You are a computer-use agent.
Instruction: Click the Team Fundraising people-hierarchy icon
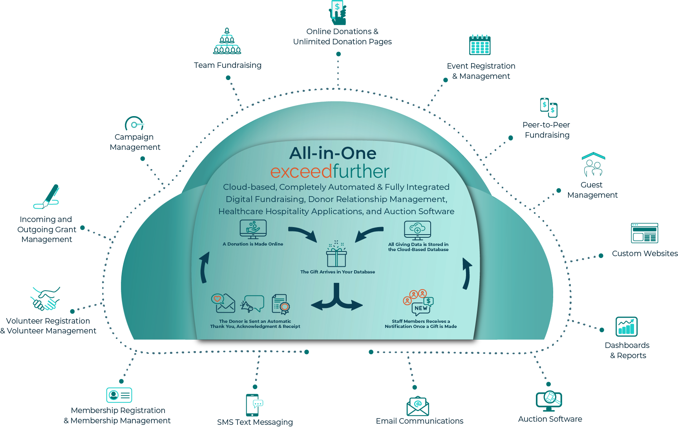click(x=227, y=41)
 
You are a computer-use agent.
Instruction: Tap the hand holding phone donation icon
click(x=338, y=13)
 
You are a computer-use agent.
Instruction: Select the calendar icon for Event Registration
click(x=480, y=45)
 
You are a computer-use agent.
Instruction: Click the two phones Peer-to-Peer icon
click(x=549, y=107)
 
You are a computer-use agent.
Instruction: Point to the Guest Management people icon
click(x=593, y=165)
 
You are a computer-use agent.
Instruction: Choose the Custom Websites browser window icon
click(x=644, y=233)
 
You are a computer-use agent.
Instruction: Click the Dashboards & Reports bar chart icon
click(x=627, y=326)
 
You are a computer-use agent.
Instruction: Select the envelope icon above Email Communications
click(x=418, y=406)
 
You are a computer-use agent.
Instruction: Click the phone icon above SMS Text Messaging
click(x=253, y=405)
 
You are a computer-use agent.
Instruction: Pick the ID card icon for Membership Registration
click(x=119, y=395)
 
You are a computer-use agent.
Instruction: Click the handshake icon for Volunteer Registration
click(x=46, y=299)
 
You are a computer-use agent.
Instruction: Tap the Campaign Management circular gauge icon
click(x=134, y=124)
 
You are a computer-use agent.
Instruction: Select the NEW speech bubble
click(x=421, y=308)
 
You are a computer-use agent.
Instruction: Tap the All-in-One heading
click(x=333, y=153)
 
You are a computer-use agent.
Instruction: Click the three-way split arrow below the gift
click(x=336, y=299)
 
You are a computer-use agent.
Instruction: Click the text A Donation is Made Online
click(x=253, y=244)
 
